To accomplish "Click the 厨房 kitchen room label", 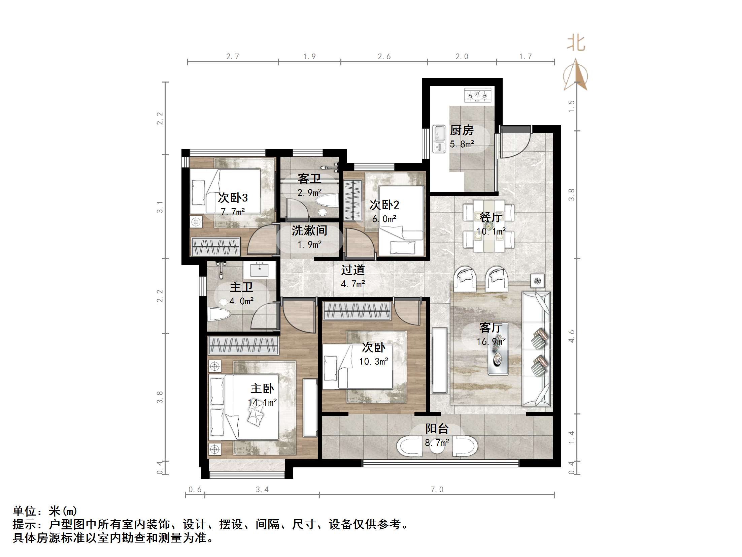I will coord(462,130).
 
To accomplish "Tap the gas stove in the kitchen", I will coord(477,95).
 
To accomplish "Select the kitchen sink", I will coord(439,139).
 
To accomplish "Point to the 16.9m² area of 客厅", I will coord(491,342).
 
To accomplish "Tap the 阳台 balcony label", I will coord(437,428).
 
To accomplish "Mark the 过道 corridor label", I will coord(353,270).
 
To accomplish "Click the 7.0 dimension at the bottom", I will coord(437,490).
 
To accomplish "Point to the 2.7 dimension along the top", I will coord(233,56).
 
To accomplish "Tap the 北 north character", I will coord(576,43).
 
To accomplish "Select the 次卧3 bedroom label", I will coord(233,198).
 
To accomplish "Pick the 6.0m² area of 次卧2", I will coord(384,219).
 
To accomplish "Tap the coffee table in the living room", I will coord(498,357).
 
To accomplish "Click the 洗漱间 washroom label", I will coord(309,230).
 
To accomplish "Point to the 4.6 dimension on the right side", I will coord(571,336).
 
